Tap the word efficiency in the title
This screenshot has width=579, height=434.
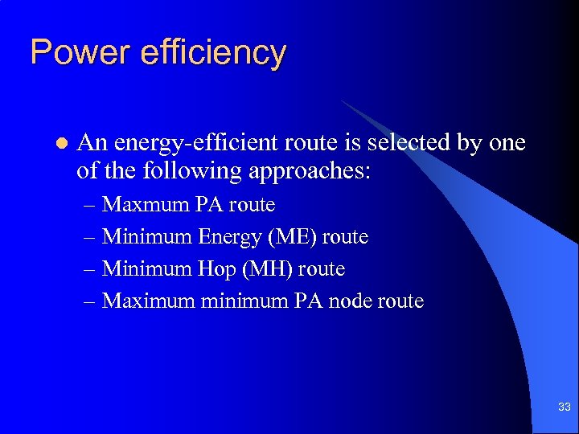tap(212, 53)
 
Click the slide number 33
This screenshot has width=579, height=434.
tap(564, 407)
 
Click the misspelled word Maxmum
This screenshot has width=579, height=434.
tap(146, 205)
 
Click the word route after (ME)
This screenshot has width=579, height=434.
tap(346, 237)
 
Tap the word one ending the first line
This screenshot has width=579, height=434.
tap(507, 143)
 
